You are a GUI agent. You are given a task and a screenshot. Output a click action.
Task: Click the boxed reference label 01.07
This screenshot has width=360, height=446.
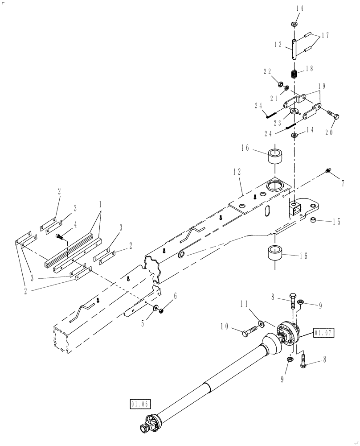[323, 332]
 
